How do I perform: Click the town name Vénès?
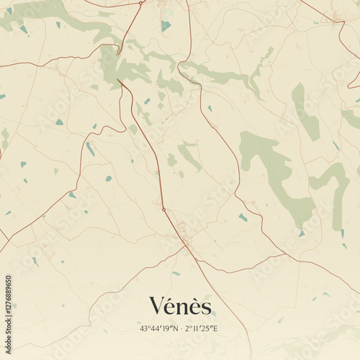tap(180, 306)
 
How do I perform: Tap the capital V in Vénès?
tap(156, 306)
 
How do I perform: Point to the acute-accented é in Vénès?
tap(170, 306)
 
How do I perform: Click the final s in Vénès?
tap(207, 308)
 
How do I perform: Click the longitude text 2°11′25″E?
tap(202, 329)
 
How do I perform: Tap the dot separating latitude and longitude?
tap(180, 329)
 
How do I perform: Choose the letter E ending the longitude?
tap(215, 329)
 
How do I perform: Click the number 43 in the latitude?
tap(144, 329)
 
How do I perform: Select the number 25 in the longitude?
tap(207, 329)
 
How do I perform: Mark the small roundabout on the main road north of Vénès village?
tap(163, 210)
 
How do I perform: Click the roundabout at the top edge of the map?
tap(139, 2)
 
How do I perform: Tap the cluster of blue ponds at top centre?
tap(166, 26)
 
